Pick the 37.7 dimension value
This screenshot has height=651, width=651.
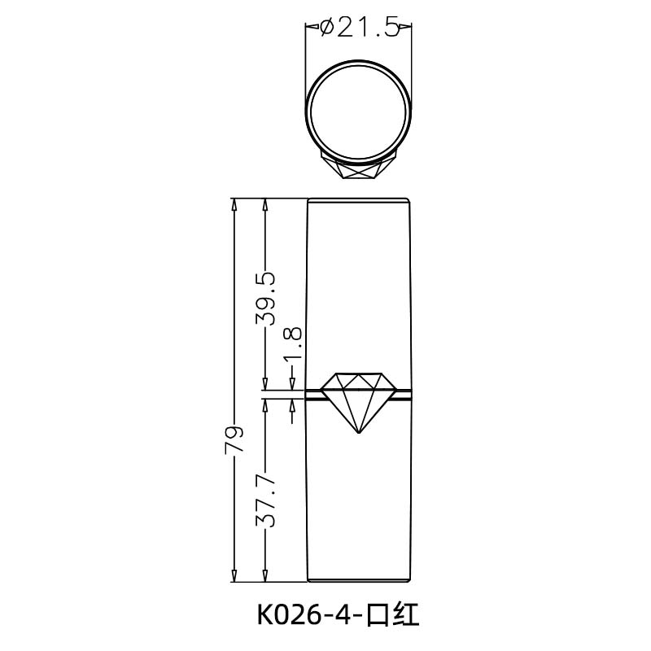pos(265,501)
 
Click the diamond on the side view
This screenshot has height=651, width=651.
pos(358,400)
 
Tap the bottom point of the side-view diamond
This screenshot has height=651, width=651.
pos(358,431)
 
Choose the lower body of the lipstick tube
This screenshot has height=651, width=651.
pos(358,505)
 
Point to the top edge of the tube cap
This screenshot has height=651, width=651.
pos(358,199)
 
